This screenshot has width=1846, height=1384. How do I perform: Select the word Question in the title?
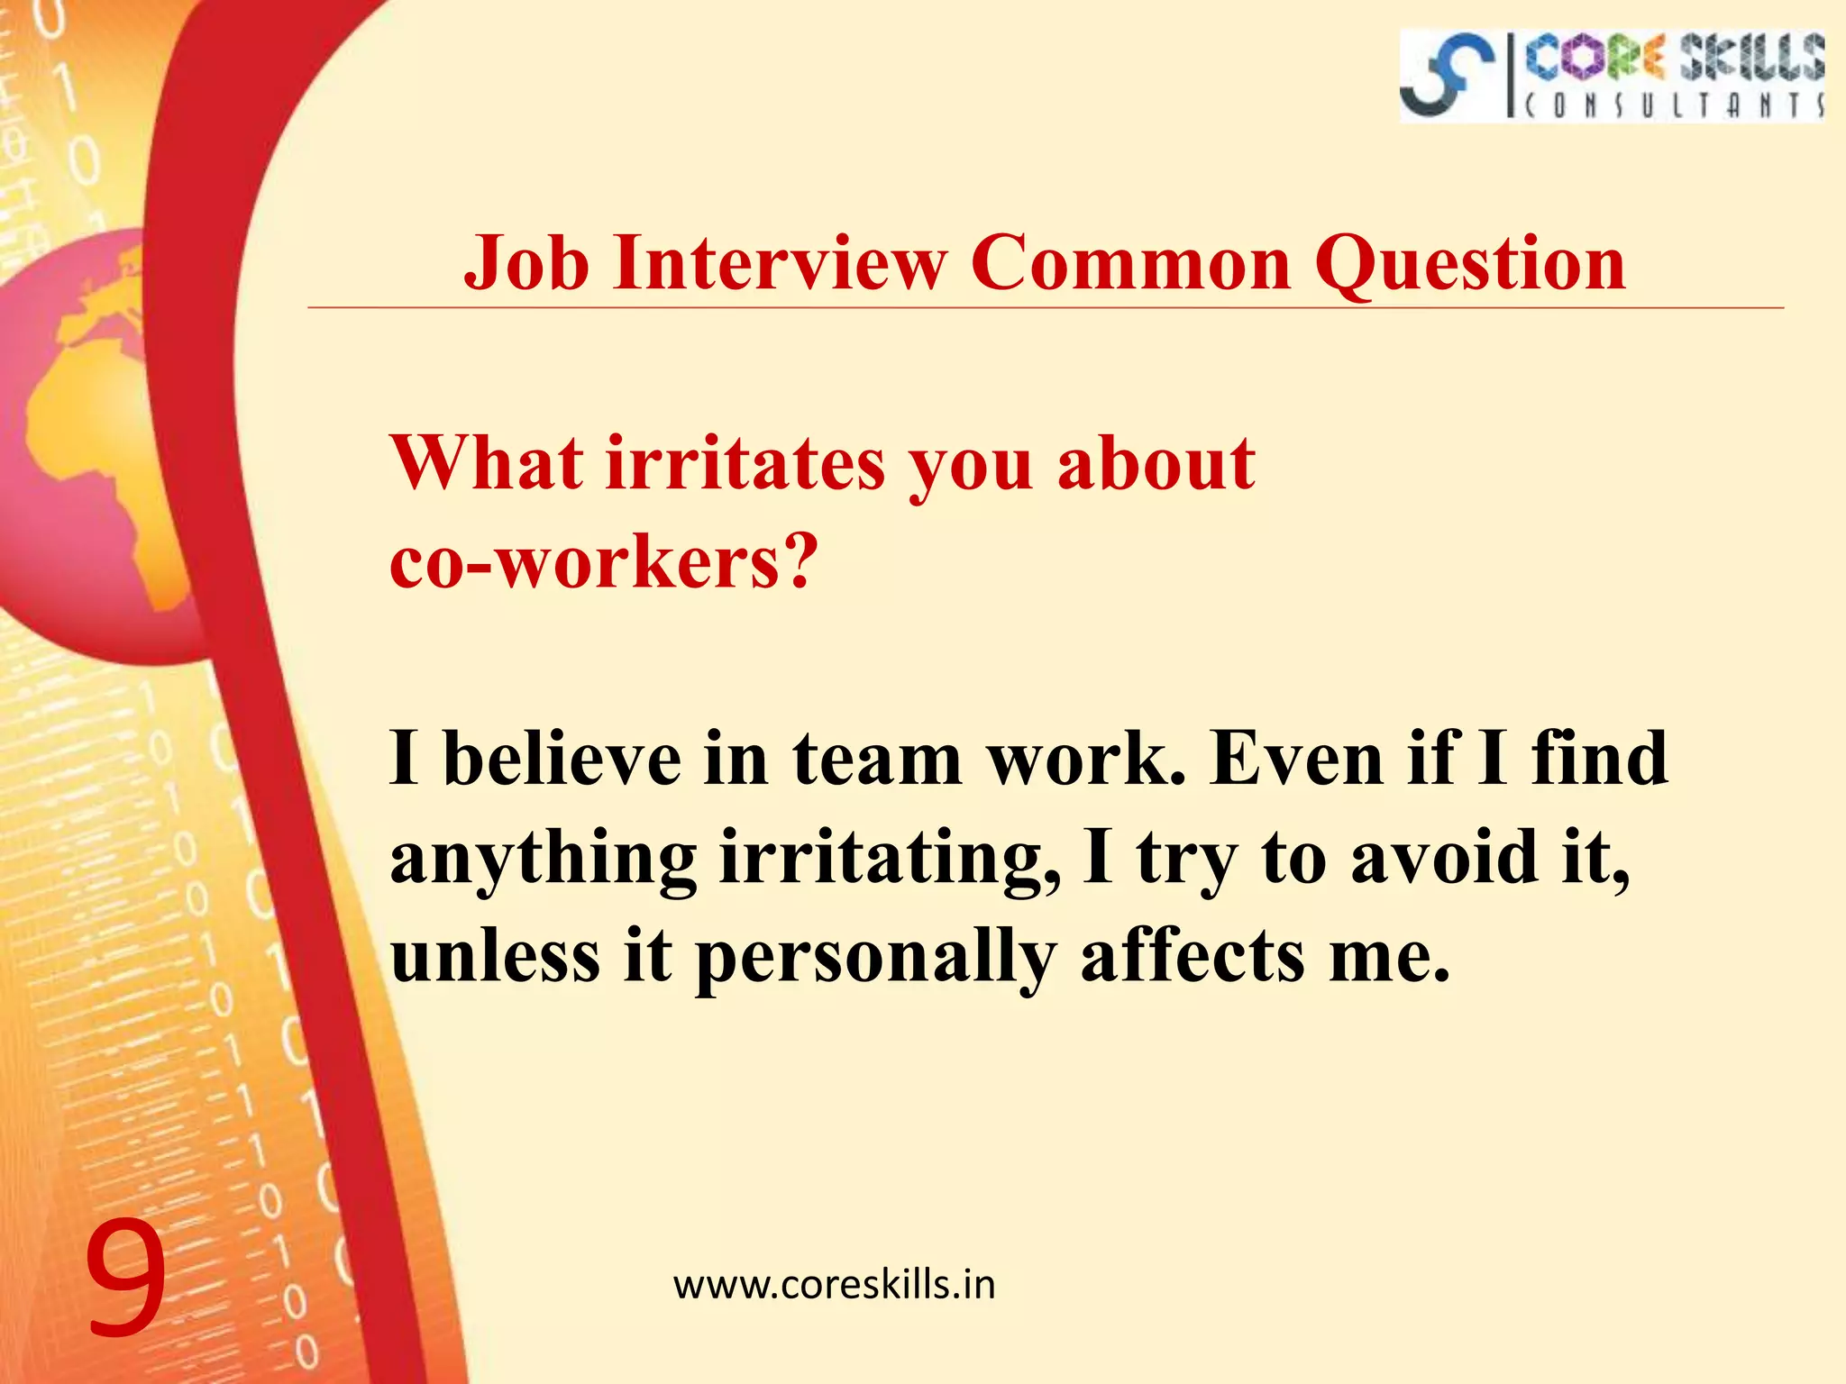coord(1469,265)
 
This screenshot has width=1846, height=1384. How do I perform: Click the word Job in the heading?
coord(526,263)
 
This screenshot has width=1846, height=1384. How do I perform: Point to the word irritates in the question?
coord(745,463)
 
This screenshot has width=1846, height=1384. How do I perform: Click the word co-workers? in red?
coord(604,561)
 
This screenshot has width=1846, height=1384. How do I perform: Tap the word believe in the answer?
coord(562,759)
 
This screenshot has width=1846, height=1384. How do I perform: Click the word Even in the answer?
coord(1294,759)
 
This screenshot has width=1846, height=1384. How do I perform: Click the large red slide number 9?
coord(126,1277)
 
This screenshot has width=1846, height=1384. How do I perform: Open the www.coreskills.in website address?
coord(834,1285)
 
